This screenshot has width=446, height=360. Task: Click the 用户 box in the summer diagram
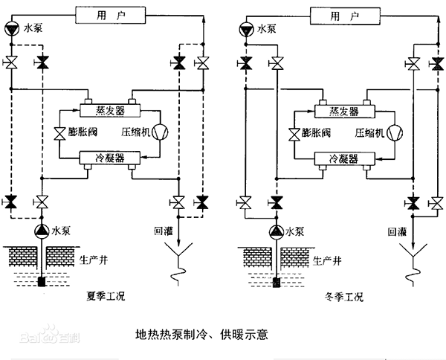[111, 15]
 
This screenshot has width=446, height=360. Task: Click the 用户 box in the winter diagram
[345, 16]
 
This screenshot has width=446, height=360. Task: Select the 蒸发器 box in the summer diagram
[110, 110]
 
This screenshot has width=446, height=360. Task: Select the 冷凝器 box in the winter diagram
[345, 158]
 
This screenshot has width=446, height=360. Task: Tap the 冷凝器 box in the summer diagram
[110, 158]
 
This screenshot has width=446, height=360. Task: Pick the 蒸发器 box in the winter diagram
[345, 112]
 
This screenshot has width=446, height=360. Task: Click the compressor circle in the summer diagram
[160, 132]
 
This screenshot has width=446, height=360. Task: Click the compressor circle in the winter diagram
[395, 133]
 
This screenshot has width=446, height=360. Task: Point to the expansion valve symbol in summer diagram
[59, 132]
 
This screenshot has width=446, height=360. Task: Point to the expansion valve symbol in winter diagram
[294, 134]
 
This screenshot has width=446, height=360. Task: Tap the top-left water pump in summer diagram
[12, 29]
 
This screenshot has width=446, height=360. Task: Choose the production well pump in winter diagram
[277, 232]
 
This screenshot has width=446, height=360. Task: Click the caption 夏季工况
[106, 296]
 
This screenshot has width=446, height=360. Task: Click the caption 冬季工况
[344, 297]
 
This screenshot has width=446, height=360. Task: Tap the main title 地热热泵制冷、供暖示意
[201, 335]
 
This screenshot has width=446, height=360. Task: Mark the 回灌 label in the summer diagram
[164, 231]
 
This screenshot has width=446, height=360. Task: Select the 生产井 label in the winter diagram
[327, 260]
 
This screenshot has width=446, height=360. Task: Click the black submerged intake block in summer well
[42, 282]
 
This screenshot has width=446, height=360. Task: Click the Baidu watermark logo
[50, 335]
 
